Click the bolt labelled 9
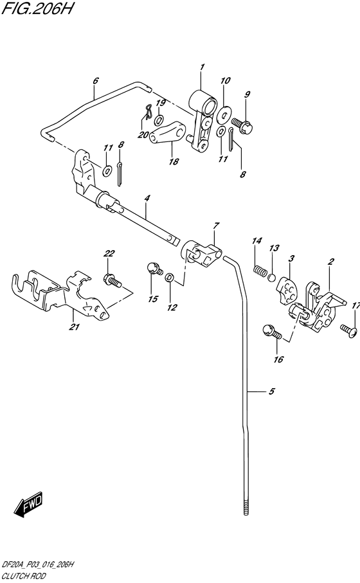click(x=241, y=122)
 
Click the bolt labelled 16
click(x=271, y=332)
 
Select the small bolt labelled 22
click(x=111, y=280)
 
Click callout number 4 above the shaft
click(x=147, y=199)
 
